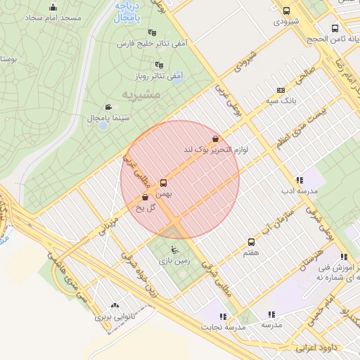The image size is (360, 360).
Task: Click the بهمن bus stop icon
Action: pyautogui.click(x=164, y=180)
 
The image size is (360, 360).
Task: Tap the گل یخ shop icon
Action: pyautogui.click(x=145, y=198)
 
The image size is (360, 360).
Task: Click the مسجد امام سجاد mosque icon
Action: pyautogui.click(x=53, y=8)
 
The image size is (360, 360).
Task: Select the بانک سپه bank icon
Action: pyautogui.click(x=281, y=91)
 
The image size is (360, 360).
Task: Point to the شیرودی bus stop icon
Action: pyautogui.click(x=286, y=11)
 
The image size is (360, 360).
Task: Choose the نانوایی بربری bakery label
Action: pyautogui.click(x=114, y=317)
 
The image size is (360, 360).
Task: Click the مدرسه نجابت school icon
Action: pyautogui.click(x=224, y=316)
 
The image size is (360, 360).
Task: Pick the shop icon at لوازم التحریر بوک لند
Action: pyautogui.click(x=215, y=139)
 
